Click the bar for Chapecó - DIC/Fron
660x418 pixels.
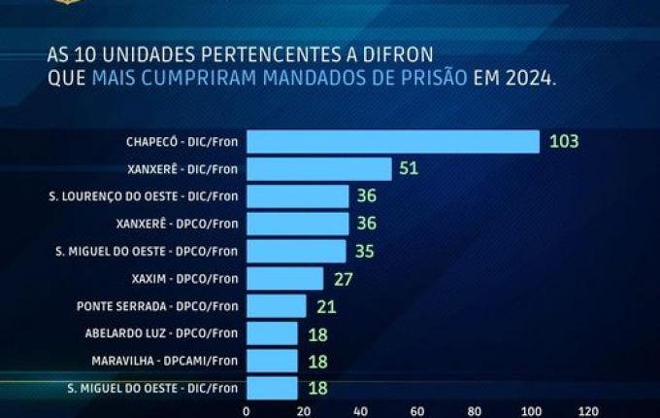(392, 142)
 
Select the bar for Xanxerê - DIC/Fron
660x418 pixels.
(318, 169)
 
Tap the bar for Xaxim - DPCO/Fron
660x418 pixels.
(284, 279)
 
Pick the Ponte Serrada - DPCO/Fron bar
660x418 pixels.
(276, 306)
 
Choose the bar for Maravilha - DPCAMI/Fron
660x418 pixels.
(272, 362)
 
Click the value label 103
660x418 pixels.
(563, 142)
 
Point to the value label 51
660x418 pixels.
(410, 169)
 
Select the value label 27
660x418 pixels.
(342, 279)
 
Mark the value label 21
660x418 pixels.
(324, 306)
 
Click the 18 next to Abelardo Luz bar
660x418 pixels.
(315, 334)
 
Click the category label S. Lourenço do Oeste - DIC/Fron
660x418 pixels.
(143, 196)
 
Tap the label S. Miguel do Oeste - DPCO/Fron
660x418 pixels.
(147, 252)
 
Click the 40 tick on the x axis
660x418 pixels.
(360, 411)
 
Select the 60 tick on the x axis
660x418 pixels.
(417, 411)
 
